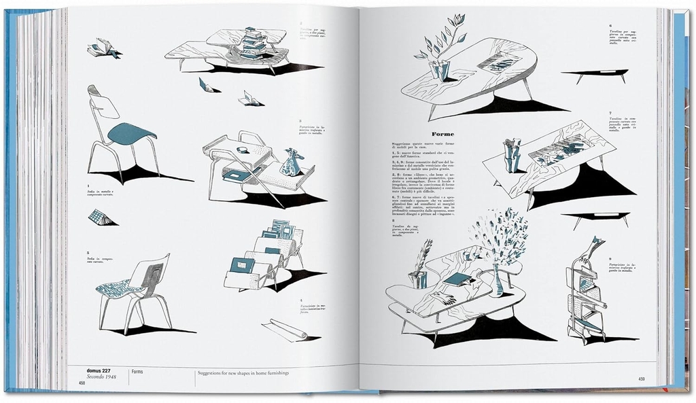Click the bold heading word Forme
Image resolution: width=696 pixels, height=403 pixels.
pos(443,135)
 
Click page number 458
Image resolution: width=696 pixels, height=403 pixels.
pos(82,383)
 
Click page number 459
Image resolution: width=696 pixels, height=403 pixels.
pos(642,379)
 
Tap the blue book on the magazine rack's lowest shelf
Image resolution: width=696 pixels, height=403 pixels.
pos(241,264)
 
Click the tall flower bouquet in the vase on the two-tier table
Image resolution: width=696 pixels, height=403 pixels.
pos(502,239)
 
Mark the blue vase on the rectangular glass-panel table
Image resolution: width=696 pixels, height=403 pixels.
pos(512,155)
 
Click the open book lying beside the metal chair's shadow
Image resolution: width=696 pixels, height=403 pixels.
pos(102,217)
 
